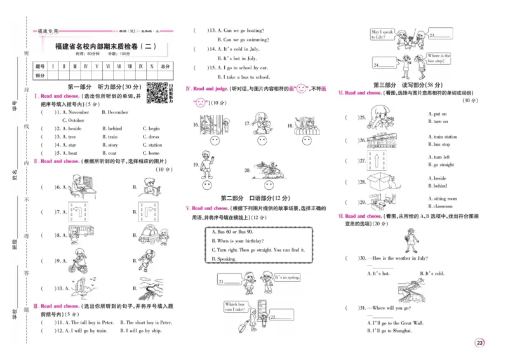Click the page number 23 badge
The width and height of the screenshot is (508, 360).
click(479, 343)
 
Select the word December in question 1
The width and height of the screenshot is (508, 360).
click(115, 112)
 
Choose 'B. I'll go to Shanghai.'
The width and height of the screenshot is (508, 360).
click(389, 331)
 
